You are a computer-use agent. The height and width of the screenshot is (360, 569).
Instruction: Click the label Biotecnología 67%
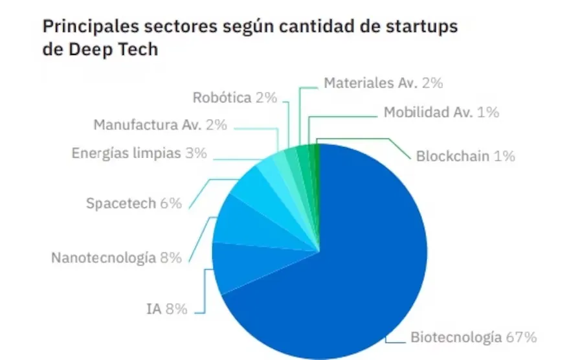[x=473, y=337]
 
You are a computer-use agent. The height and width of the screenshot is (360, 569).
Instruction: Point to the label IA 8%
[x=166, y=309]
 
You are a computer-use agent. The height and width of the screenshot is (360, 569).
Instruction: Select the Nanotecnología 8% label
[x=117, y=258]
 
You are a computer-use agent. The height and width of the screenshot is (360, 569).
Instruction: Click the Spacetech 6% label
[x=134, y=203]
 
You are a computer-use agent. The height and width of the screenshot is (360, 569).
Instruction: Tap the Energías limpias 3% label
[x=139, y=153]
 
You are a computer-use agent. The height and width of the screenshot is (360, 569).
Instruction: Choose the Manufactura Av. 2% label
[x=160, y=125]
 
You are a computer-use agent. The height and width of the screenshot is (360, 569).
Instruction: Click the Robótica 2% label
[x=235, y=98]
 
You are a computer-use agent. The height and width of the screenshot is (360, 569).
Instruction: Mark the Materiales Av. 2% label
[x=383, y=83]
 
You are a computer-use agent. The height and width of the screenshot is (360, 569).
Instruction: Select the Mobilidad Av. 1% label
[x=441, y=112]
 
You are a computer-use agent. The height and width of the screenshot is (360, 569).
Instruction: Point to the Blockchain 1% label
[x=465, y=156]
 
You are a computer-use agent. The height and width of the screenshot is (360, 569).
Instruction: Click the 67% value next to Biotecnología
[x=521, y=337]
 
